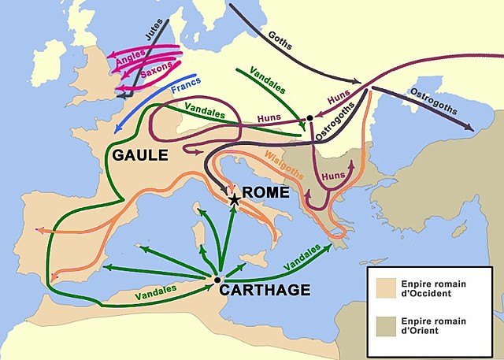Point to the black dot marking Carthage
(217, 279)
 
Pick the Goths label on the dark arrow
(280, 41)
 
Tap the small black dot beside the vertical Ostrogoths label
(310, 118)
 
